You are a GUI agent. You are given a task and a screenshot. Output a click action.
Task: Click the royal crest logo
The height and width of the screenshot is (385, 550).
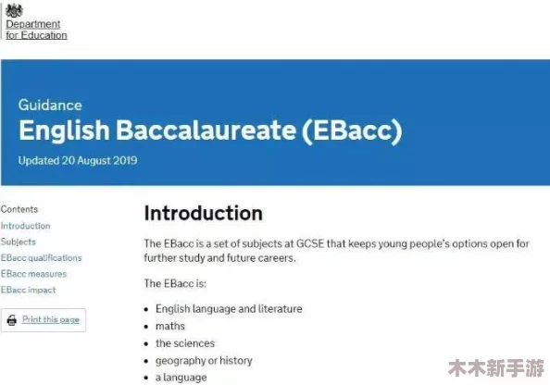pyautogui.click(x=15, y=10)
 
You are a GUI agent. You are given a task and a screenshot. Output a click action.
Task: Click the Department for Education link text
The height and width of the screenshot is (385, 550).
pyautogui.click(x=36, y=30)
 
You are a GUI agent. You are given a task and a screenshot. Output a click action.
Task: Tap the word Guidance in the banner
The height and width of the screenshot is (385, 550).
pyautogui.click(x=50, y=105)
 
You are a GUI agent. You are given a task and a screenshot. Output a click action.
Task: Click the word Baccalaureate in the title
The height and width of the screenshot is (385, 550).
pyautogui.click(x=206, y=130)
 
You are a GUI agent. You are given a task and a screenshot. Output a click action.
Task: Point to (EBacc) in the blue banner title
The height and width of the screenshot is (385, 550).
pyautogui.click(x=352, y=130)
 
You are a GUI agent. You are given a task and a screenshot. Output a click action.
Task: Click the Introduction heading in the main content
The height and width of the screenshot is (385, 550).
pyautogui.click(x=203, y=213)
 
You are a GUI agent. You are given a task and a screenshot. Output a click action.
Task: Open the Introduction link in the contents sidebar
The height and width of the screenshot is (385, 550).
pyautogui.click(x=25, y=226)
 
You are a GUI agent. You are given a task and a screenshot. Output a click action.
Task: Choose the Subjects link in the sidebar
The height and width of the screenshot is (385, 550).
pyautogui.click(x=19, y=242)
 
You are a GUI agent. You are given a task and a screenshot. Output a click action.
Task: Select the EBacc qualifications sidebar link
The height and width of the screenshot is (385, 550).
pyautogui.click(x=41, y=257)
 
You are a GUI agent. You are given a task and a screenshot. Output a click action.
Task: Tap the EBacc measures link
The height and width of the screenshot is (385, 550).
pyautogui.click(x=33, y=274)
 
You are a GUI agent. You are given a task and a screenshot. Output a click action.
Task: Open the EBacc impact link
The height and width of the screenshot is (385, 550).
pyautogui.click(x=28, y=290)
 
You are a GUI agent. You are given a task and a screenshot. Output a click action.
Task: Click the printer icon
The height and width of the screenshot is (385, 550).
pyautogui.click(x=12, y=320)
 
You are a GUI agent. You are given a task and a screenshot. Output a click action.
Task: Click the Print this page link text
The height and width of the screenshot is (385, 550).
pyautogui.click(x=51, y=319)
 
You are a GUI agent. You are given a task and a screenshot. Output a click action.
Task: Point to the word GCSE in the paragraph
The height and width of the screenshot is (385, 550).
pyautogui.click(x=310, y=243)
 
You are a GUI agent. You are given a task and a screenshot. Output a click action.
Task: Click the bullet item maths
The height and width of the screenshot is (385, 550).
pyautogui.click(x=170, y=326)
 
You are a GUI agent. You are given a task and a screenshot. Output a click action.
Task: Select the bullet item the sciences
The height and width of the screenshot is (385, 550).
pyautogui.click(x=185, y=343)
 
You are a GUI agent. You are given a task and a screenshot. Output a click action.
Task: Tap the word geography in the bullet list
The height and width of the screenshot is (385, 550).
pyautogui.click(x=181, y=361)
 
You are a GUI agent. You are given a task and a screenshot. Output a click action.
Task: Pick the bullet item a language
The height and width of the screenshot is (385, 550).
pyautogui.click(x=181, y=378)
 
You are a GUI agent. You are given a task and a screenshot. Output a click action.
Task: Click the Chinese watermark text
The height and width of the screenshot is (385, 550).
pyautogui.click(x=496, y=368)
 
